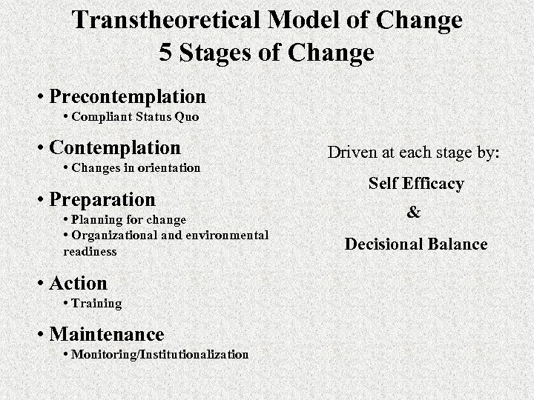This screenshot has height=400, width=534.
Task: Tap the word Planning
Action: click(99, 219)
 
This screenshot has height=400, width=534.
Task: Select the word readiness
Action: click(90, 251)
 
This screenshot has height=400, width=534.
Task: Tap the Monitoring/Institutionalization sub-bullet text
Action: click(160, 354)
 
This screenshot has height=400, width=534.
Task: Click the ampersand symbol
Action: click(414, 213)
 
